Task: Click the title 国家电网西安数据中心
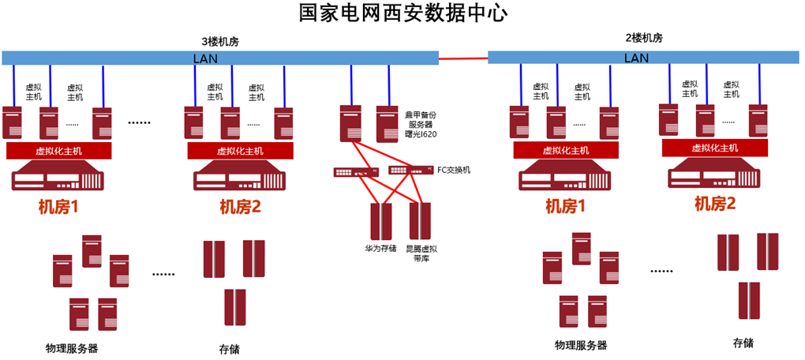[x=402, y=13]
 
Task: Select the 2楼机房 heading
[x=643, y=37]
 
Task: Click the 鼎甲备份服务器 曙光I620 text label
[x=421, y=125]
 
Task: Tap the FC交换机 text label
[x=454, y=170]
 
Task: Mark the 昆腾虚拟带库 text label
[x=421, y=253]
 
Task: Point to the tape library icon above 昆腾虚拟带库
[x=421, y=221]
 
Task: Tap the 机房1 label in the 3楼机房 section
[x=58, y=208]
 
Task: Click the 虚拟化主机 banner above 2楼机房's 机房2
[x=714, y=148]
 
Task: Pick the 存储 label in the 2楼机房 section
[x=743, y=343]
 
